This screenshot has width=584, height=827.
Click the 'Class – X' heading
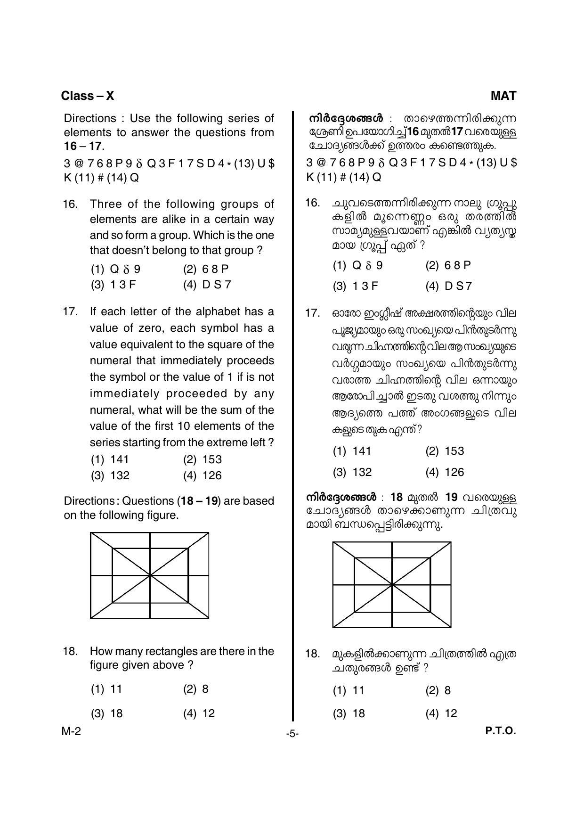87,96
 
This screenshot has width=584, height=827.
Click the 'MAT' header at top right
503,96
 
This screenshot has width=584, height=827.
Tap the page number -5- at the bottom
292,734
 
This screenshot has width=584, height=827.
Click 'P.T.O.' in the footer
501,731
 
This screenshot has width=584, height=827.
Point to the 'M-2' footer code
71,731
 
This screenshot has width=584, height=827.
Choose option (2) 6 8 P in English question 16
206,269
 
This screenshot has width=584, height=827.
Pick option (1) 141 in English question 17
110,459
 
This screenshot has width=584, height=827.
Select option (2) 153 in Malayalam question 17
445,451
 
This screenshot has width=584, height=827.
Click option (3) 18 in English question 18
107,713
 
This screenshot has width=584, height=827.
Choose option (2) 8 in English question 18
196,689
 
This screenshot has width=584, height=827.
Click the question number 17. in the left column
70,312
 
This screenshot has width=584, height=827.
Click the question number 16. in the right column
313,203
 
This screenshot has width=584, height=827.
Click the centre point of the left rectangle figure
150,575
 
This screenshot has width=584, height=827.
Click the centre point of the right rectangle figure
392,585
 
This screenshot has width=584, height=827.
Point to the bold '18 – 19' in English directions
201,501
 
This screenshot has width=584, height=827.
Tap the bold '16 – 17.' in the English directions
84,146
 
